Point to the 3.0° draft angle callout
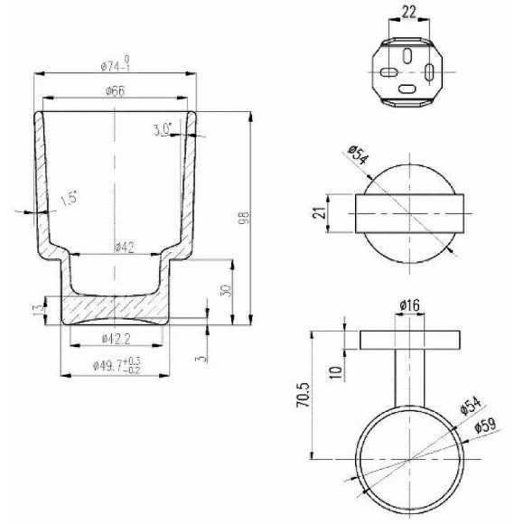coord(163,130)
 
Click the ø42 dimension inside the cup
coord(126,248)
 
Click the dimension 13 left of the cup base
coord(38,310)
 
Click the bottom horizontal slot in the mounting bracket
coord(407,89)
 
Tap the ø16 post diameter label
coord(408,308)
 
